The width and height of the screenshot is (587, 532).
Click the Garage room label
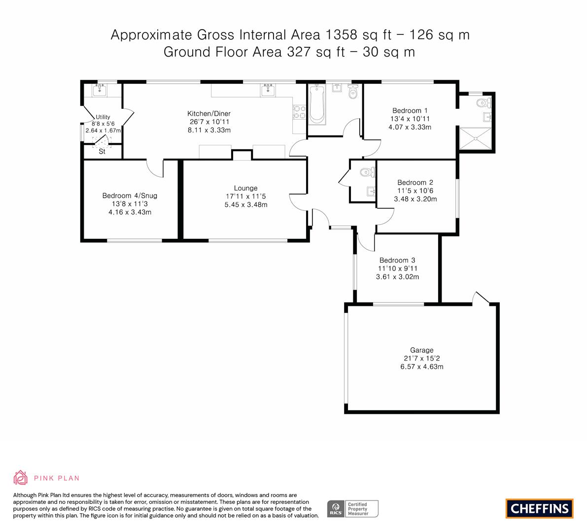[421, 350]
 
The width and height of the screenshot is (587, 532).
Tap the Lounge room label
[245, 188]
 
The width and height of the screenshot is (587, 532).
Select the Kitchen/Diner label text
[209, 113]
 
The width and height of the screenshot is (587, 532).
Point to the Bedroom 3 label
[397, 260]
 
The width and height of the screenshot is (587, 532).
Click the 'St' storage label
[102, 152]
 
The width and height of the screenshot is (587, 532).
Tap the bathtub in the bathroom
[317, 104]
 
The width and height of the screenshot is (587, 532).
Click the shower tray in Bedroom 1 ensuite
[475, 138]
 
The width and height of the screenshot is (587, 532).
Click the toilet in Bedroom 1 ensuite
[483, 102]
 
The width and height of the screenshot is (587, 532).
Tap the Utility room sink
[100, 90]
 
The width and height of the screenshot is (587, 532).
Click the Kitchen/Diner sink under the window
[268, 90]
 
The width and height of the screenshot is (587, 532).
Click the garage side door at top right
[481, 298]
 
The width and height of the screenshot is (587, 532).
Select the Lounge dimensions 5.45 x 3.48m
[246, 204]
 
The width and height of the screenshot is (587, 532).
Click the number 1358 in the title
[341, 35]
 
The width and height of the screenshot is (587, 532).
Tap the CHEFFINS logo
[540, 508]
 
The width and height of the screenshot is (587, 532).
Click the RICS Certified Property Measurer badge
[353, 509]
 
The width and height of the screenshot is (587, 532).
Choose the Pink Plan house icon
[20, 477]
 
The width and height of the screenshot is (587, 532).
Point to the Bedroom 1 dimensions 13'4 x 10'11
[410, 119]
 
